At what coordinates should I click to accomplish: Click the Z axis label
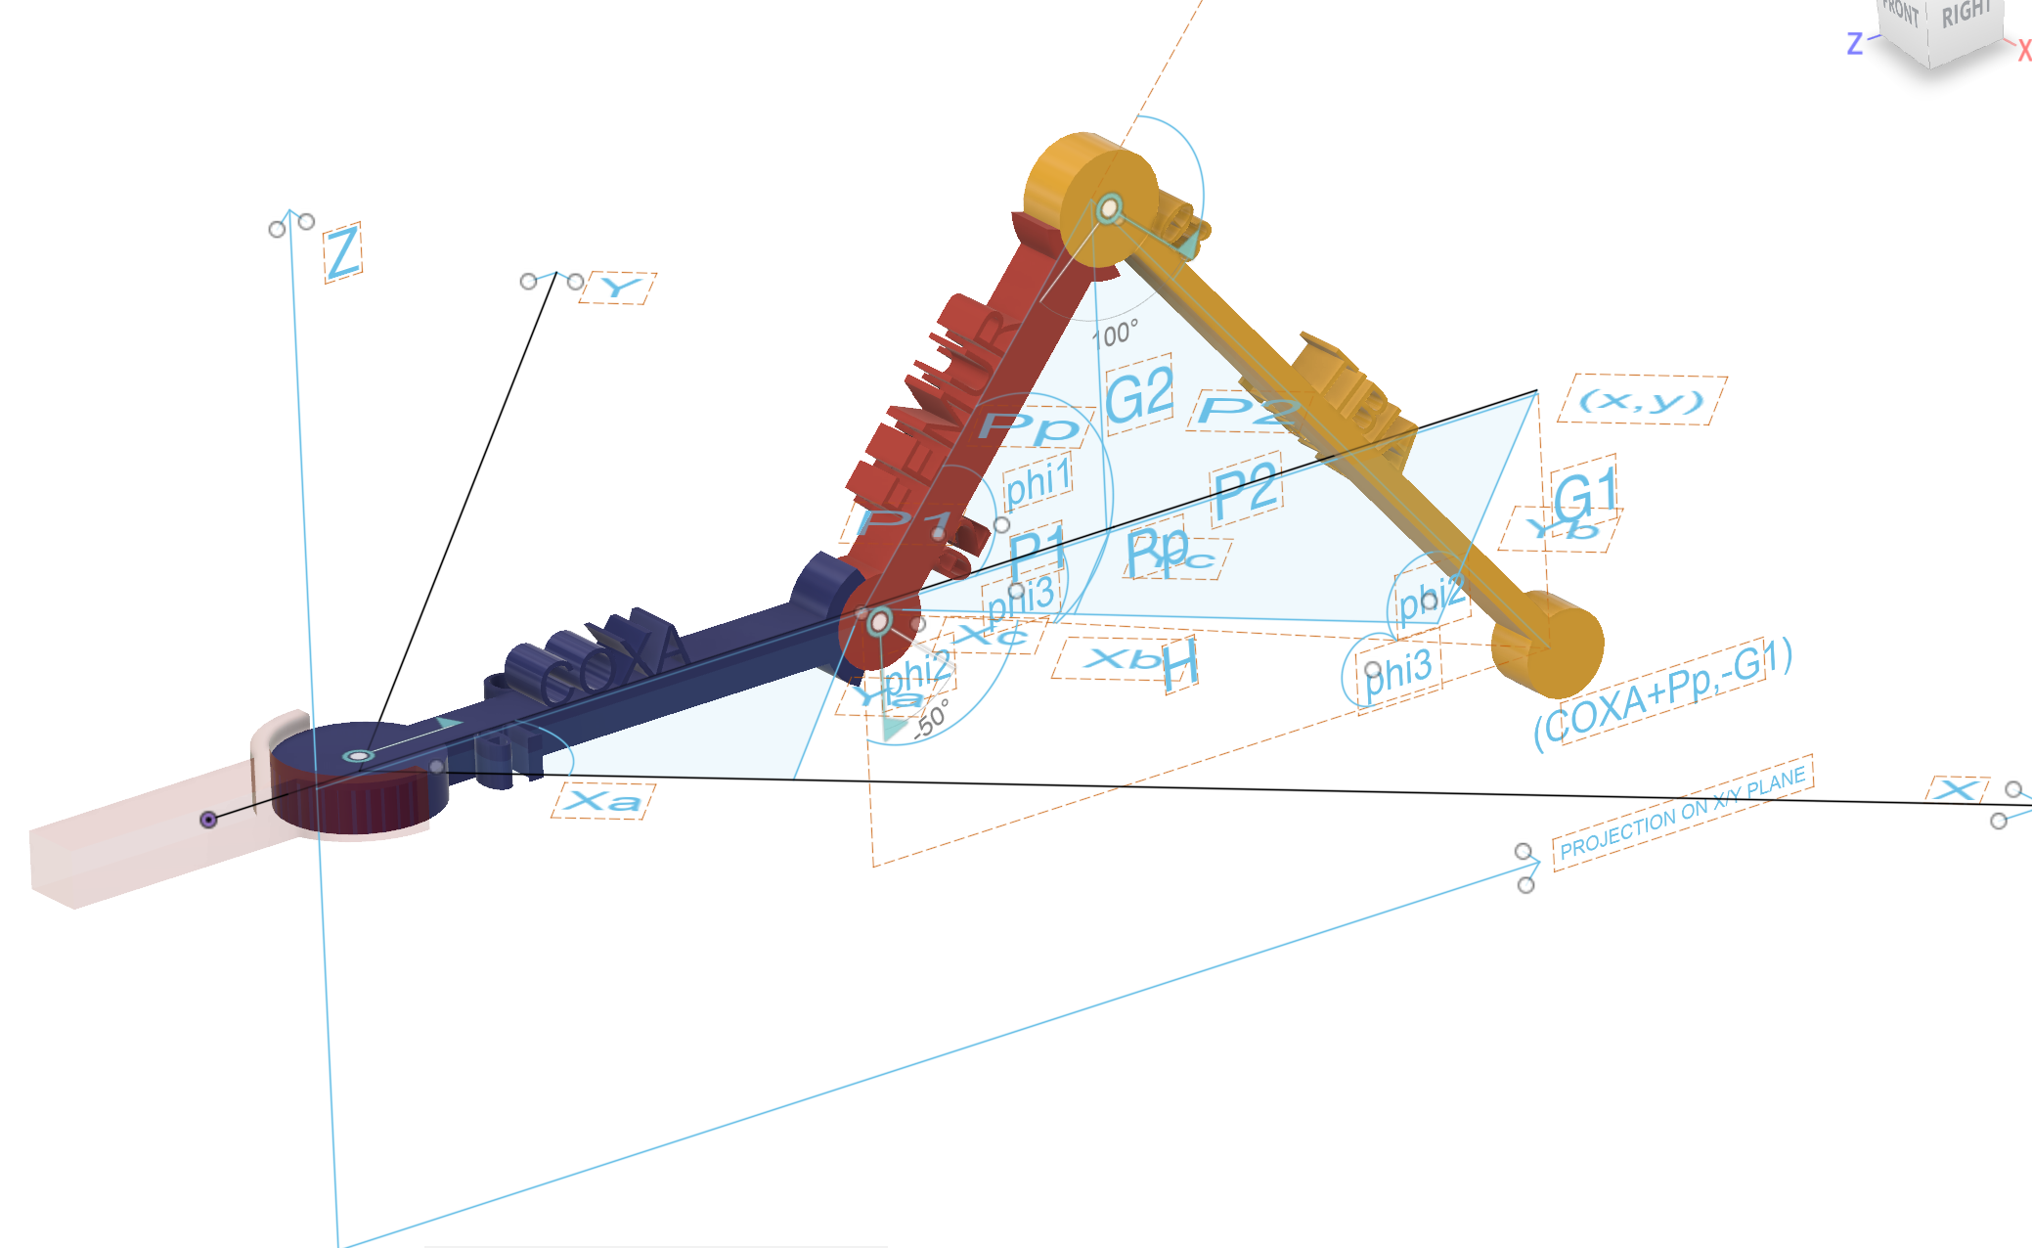[x=342, y=253]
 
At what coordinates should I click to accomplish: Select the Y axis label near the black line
[x=618, y=289]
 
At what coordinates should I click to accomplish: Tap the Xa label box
[x=603, y=801]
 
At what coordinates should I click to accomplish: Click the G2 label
[x=1139, y=395]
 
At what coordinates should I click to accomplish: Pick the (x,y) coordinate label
[x=1642, y=400]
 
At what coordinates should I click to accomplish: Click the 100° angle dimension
[x=1115, y=334]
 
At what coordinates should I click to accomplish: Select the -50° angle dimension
[x=932, y=719]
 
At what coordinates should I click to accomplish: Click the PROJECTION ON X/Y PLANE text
[x=1682, y=814]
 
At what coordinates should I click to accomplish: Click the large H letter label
[x=1180, y=666]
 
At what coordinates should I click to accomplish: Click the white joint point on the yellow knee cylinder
[x=1109, y=208]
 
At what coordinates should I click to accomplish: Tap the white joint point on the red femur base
[x=879, y=621]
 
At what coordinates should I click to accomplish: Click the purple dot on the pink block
[x=208, y=820]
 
